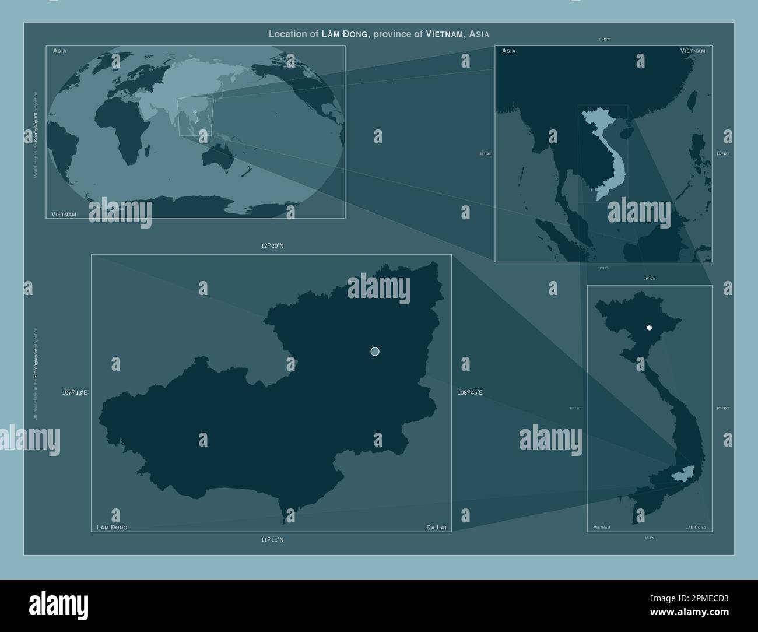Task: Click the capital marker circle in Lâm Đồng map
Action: (x=375, y=351)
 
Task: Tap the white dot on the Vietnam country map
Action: (x=649, y=328)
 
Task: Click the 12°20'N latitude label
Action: (x=272, y=246)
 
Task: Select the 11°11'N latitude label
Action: (x=272, y=540)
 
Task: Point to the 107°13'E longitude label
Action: (x=75, y=393)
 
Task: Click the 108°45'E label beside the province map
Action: (x=470, y=393)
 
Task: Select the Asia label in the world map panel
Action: (x=59, y=51)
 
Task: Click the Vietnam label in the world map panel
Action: (x=64, y=215)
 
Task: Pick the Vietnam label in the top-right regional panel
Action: (x=692, y=51)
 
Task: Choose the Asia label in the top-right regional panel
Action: (x=508, y=51)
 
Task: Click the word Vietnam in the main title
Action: (x=445, y=34)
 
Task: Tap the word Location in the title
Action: (x=288, y=34)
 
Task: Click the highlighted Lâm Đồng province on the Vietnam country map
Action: (x=680, y=475)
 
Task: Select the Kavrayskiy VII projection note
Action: (x=36, y=134)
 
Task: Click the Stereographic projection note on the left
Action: (x=36, y=373)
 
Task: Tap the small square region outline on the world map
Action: (x=196, y=117)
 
